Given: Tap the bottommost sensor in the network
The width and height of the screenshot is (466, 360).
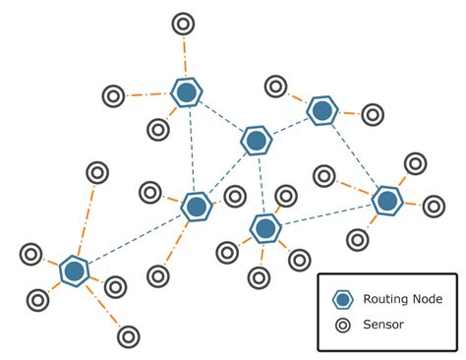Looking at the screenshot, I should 128,336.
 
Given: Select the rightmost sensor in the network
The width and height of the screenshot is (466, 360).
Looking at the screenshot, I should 434,207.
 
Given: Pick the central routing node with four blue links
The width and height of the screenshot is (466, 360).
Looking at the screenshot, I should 256,141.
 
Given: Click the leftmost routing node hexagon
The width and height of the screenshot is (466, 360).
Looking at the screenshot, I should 74,270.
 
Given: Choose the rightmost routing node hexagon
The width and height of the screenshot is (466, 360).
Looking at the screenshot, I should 387,201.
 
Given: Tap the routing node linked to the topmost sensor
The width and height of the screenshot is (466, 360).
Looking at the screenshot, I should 186,93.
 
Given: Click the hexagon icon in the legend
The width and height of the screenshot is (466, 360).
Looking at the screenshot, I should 343,299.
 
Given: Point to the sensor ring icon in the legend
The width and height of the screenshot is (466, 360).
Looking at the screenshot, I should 343,324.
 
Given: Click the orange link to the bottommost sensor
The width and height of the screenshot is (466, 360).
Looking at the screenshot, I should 102,306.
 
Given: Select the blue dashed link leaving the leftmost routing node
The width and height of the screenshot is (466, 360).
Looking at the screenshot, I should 133,240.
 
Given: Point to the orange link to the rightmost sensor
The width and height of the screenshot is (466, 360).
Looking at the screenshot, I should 412,204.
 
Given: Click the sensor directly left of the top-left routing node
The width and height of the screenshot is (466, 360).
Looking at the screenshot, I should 114,96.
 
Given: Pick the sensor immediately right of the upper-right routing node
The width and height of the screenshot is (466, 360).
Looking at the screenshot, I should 372,115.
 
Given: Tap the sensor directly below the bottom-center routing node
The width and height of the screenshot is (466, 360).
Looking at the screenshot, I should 259,278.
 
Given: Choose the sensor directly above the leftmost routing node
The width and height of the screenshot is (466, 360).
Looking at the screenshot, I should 97,173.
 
